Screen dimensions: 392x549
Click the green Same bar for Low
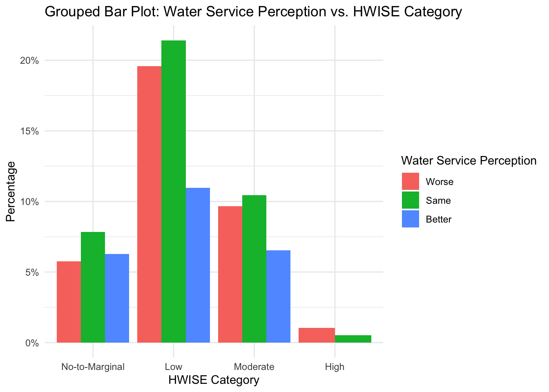click(174, 192)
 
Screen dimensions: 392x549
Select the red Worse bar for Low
click(150, 204)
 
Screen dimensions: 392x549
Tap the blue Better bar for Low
click(198, 265)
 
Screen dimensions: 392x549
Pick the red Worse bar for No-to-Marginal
click(69, 302)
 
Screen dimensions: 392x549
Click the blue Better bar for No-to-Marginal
click(117, 298)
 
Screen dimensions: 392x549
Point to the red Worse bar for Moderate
click(230, 274)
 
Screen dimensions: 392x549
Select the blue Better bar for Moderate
click(278, 296)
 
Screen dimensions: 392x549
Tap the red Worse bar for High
click(317, 335)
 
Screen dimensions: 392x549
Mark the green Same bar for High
click(353, 339)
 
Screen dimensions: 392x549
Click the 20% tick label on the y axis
click(30, 61)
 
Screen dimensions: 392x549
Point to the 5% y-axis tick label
click(32, 272)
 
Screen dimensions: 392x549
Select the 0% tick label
click(32, 343)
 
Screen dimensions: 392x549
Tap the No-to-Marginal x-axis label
click(93, 367)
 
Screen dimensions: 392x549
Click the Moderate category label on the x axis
click(254, 367)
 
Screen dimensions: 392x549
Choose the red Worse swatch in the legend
click(411, 181)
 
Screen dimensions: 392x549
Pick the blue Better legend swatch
click(411, 219)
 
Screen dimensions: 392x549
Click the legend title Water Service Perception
click(469, 161)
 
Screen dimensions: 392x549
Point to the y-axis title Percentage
click(11, 192)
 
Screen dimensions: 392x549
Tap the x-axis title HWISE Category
click(214, 380)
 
